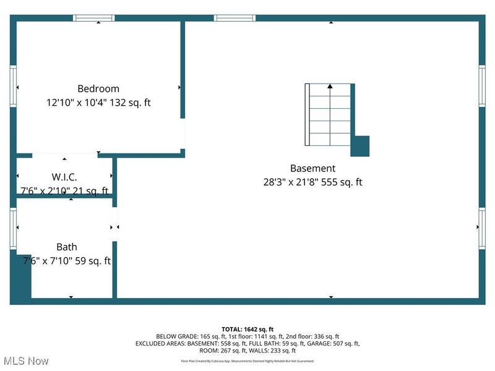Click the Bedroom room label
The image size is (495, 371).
point(98,88)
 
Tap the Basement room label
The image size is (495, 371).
point(312,168)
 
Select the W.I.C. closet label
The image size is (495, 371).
point(64,177)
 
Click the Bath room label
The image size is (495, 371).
point(67,247)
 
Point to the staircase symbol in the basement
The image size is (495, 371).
point(329,116)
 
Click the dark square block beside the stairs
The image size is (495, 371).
point(360,146)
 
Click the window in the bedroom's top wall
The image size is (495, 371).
point(94,18)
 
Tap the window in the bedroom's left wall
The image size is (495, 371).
point(13,87)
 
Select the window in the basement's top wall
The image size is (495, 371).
point(235,18)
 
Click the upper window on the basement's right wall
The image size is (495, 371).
point(481,87)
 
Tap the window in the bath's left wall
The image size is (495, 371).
point(13,228)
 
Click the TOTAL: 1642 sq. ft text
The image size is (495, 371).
point(247,329)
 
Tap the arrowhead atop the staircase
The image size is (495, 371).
point(330,86)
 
